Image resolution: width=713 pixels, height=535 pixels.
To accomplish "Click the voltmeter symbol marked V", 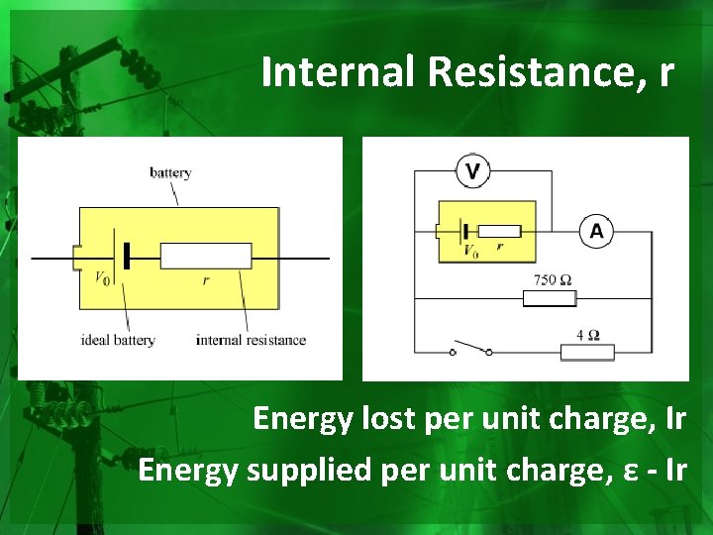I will pos(472,171).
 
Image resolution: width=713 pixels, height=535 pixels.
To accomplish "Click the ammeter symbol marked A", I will pos(596,232).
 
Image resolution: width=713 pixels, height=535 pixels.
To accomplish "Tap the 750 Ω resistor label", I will pos(552,280).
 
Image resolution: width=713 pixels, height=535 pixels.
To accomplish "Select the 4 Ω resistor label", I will pos(587,334).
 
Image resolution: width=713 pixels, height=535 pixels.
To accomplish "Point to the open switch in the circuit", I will pos(471,349).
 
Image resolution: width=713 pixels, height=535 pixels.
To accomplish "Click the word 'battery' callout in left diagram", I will pos(170,172).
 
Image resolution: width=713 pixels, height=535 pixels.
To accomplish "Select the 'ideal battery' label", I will pos(118,340).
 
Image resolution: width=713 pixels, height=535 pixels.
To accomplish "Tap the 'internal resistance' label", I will pos(251,340).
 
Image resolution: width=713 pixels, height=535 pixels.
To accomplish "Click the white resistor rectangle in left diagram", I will pos(205,257).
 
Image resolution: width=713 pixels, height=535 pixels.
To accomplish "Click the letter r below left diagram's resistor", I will pos(206,280).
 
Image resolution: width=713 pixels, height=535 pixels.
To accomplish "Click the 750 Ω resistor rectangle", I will pos(549,297).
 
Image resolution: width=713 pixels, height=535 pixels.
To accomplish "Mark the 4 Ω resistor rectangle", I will pos(587,351).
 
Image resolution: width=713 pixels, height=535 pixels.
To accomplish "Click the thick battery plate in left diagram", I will pos(127,257).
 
